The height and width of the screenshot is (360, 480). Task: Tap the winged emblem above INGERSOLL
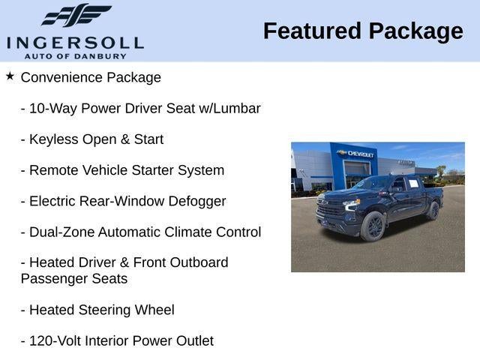click(75, 16)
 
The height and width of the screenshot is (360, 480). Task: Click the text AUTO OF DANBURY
click(75, 55)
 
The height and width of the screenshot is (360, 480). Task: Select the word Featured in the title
click(310, 31)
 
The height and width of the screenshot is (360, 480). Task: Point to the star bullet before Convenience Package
click(10, 76)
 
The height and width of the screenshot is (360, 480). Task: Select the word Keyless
click(52, 139)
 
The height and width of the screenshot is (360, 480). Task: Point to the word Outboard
click(198, 262)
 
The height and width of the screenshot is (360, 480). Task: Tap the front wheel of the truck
click(372, 226)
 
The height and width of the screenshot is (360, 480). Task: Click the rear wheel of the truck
click(432, 211)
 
